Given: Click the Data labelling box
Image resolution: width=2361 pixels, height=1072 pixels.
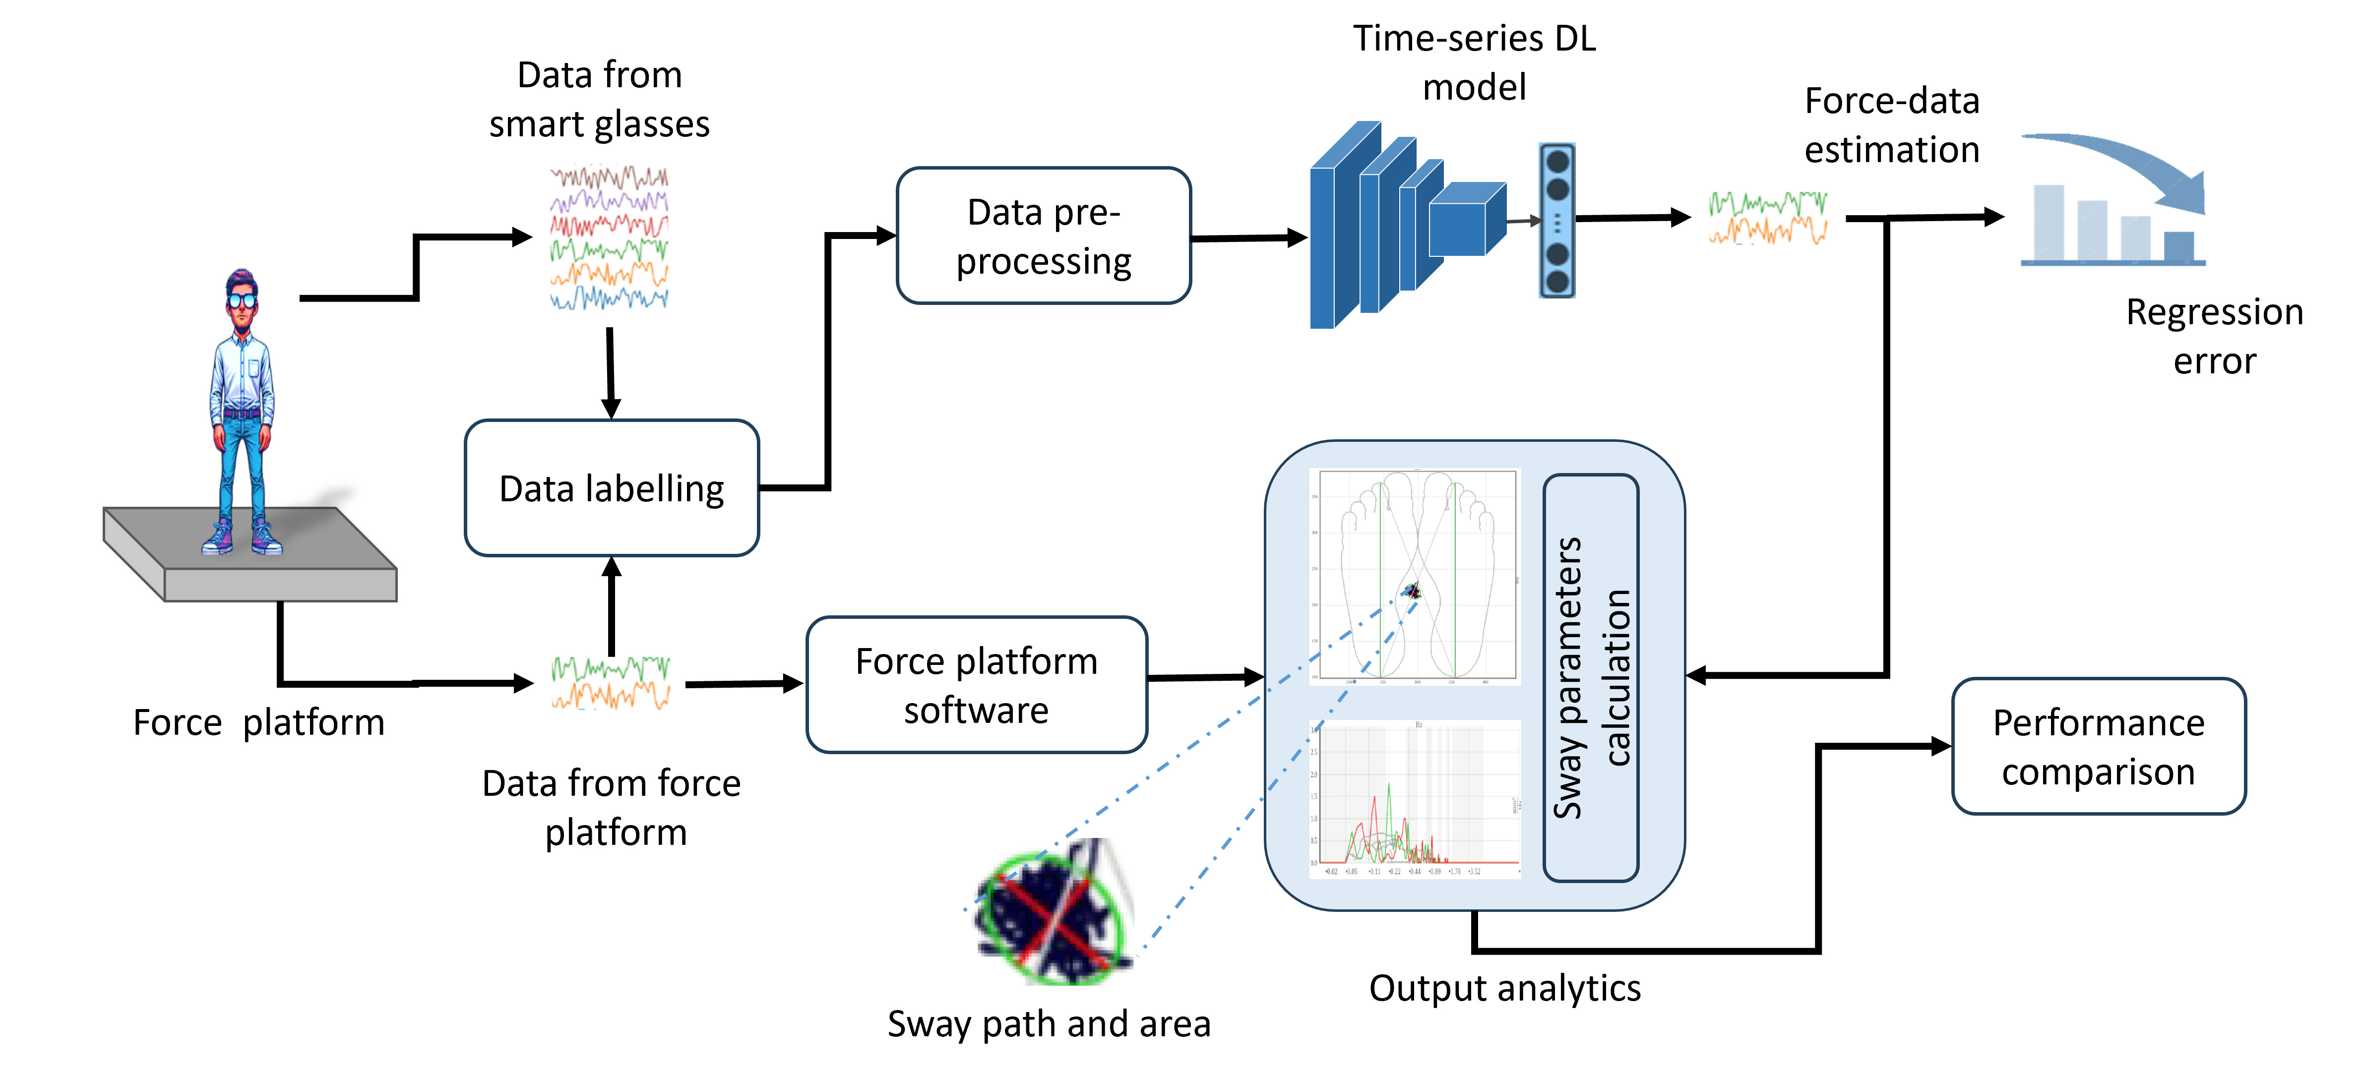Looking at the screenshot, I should (x=611, y=488).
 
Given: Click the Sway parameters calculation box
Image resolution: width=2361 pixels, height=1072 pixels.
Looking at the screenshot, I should (x=1591, y=677).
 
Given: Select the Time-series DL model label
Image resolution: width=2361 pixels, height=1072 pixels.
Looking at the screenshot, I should (x=1474, y=62).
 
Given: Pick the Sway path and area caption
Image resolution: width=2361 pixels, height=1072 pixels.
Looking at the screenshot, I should (x=1049, y=1023).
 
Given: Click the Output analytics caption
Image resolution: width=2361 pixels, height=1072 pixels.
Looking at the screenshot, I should (x=1504, y=988).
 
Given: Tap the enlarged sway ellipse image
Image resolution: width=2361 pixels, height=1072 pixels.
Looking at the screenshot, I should (x=1054, y=912).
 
